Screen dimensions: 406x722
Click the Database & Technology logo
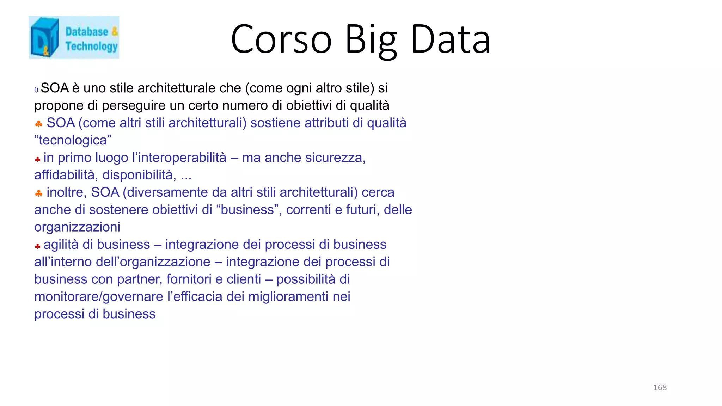pyautogui.click(x=74, y=37)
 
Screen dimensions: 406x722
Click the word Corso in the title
pyautogui.click(x=281, y=39)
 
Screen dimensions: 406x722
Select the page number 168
pyautogui.click(x=660, y=388)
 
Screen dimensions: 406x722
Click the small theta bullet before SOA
pyautogui.click(x=36, y=90)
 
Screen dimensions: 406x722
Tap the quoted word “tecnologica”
pyautogui.click(x=73, y=140)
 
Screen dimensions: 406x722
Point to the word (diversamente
pyautogui.click(x=165, y=192)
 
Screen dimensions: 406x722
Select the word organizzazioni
pyautogui.click(x=77, y=227)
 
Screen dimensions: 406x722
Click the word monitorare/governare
pyautogui.click(x=99, y=296)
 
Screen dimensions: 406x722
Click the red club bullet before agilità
pyautogui.click(x=37, y=246)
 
